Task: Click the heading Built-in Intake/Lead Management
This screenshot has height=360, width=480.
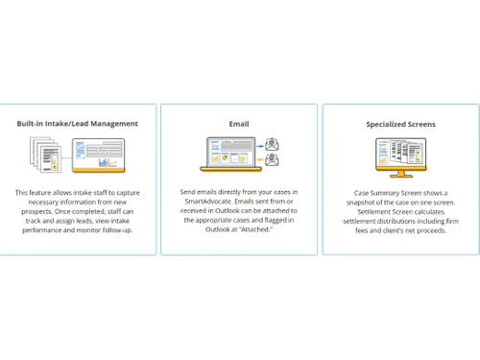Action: (77, 124)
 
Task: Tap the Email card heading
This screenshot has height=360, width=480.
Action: (239, 124)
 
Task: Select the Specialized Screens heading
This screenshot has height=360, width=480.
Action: (400, 124)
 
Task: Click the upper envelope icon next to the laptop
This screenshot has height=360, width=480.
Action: (272, 144)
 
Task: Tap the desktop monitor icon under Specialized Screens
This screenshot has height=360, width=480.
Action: (400, 157)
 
